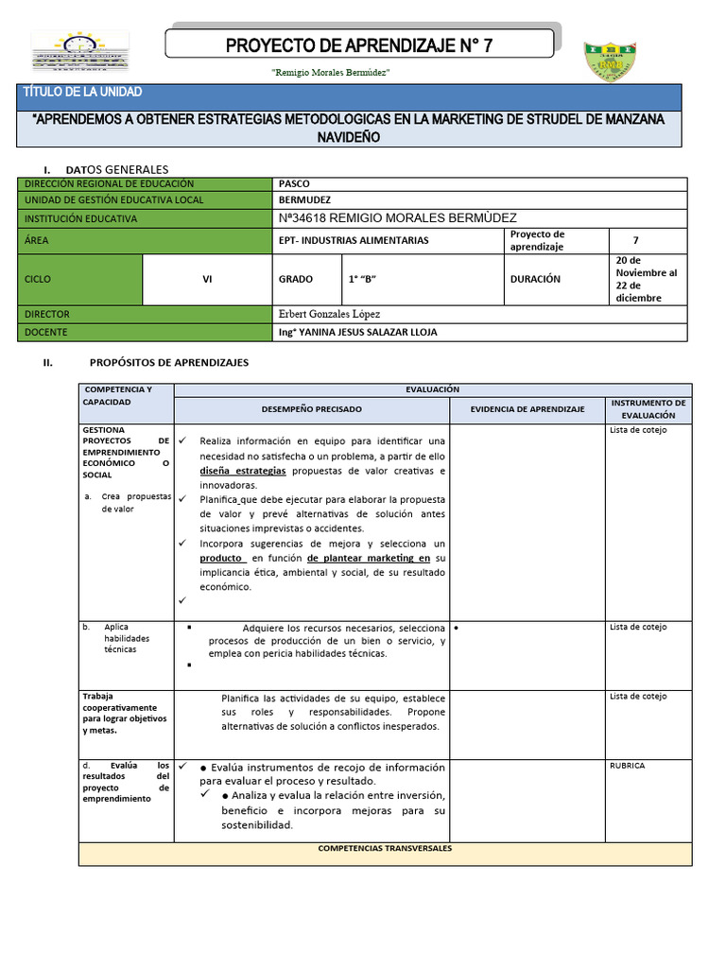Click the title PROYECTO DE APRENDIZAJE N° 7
(359, 44)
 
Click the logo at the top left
(80, 52)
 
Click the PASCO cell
(295, 184)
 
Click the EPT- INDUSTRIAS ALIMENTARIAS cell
(354, 240)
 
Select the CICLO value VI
(207, 280)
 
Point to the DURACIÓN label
(535, 280)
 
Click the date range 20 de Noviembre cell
(647, 279)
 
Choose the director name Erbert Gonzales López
(330, 314)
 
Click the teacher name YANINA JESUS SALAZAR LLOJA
(358, 333)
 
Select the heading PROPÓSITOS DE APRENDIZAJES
(168, 362)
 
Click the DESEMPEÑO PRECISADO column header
(311, 409)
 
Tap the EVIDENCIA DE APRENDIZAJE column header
(527, 409)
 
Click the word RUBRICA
(627, 766)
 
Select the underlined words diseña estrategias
(243, 471)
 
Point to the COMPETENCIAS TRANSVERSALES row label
(385, 849)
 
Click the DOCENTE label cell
(47, 333)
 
